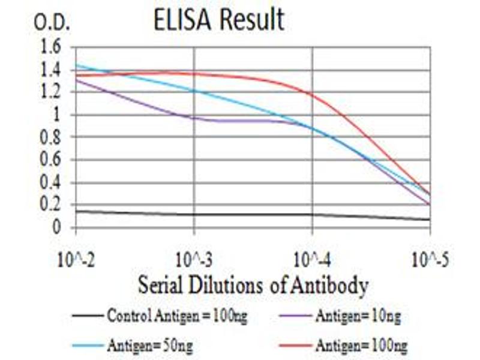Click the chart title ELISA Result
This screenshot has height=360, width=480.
tap(218, 21)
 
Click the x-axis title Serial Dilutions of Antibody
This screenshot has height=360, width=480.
tap(253, 286)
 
